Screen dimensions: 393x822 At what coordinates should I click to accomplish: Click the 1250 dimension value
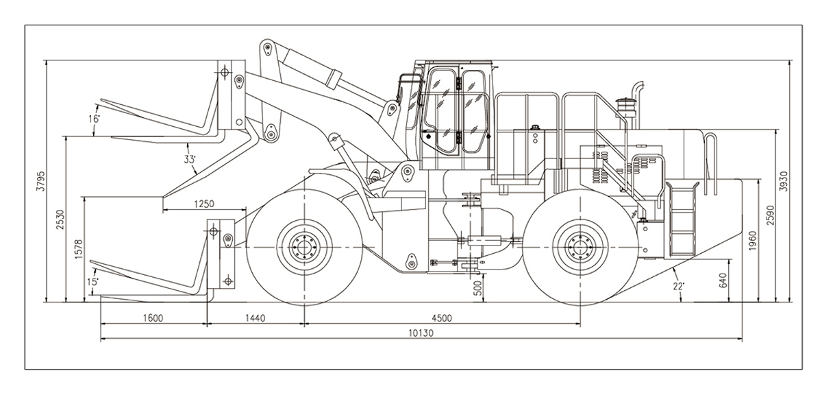203,203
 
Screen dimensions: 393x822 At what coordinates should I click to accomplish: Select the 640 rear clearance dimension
723,280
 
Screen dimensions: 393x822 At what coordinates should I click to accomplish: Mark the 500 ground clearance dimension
477,288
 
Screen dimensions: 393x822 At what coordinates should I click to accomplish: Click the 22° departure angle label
678,287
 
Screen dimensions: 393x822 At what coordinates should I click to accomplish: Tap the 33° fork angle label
190,159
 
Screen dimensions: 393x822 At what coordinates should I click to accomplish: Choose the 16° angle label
94,119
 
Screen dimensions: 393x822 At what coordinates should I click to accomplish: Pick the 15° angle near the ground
93,281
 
